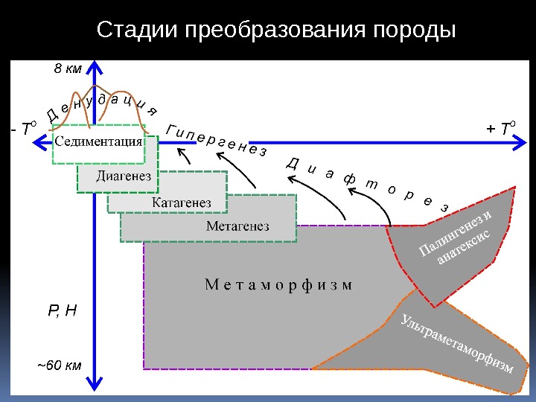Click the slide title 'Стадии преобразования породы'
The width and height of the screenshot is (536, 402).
(x=276, y=31)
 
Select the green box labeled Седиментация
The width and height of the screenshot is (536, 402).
(x=99, y=142)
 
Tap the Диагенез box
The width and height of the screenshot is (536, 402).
(x=124, y=176)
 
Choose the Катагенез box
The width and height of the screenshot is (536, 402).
(x=182, y=202)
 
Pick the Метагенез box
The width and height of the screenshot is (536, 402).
(x=237, y=226)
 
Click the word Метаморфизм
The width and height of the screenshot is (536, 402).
(x=277, y=284)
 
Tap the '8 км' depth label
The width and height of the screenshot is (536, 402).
(x=68, y=70)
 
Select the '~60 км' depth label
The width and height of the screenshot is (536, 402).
(x=60, y=366)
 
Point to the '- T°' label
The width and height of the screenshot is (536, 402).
(x=23, y=130)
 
